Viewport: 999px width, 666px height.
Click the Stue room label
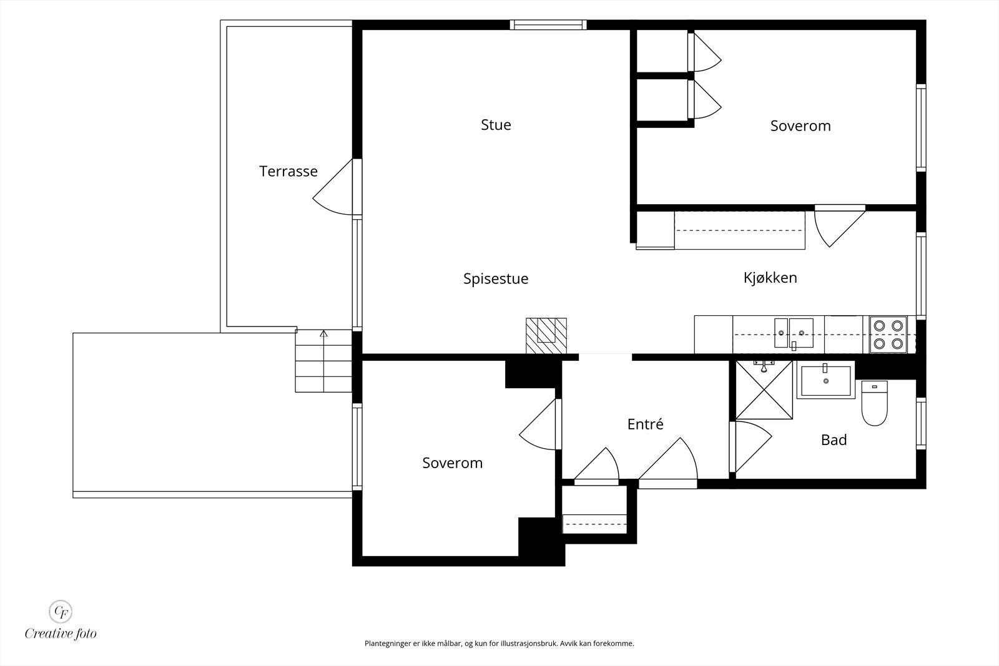point(496,125)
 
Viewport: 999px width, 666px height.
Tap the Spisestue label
point(496,279)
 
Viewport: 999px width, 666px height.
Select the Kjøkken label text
point(770,278)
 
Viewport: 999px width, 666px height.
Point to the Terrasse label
point(288,171)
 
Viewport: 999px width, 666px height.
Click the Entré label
point(645,424)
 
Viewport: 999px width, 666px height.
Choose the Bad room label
point(834,440)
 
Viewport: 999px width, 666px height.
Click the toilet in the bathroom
point(874,403)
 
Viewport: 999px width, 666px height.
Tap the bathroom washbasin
point(825,380)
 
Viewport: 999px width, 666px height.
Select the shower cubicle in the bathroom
point(764,390)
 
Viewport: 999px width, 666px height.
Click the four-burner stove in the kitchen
point(888,335)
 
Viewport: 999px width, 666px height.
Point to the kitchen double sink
point(794,333)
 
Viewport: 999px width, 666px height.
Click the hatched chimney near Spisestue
point(546,336)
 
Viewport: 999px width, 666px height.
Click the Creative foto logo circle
point(60,611)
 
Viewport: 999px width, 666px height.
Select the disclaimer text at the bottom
point(499,644)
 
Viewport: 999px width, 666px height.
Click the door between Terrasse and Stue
point(337,187)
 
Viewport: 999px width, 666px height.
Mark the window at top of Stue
point(548,25)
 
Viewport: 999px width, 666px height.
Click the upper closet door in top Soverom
point(704,52)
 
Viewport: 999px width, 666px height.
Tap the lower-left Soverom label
point(452,463)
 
